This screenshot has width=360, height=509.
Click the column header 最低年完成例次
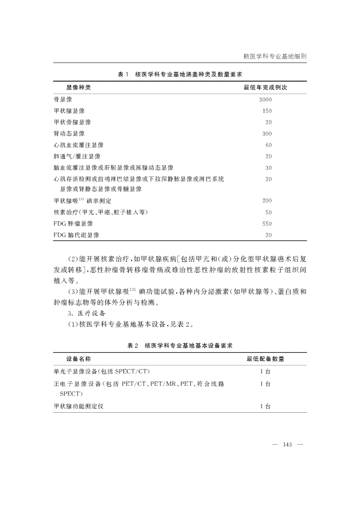point(265,88)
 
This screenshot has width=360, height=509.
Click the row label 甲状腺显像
point(69,111)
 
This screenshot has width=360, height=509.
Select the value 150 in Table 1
point(267,111)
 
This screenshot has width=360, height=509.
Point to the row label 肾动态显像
point(69,134)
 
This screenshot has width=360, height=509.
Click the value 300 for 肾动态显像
point(267,134)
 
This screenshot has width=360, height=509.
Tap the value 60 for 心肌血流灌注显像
point(269,145)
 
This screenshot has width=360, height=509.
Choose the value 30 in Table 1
point(269,168)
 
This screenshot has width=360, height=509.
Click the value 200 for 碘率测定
point(267,201)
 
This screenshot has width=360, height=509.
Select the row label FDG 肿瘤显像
point(73,224)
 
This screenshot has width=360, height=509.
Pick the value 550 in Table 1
point(267,224)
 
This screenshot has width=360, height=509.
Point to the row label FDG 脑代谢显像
point(76,235)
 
